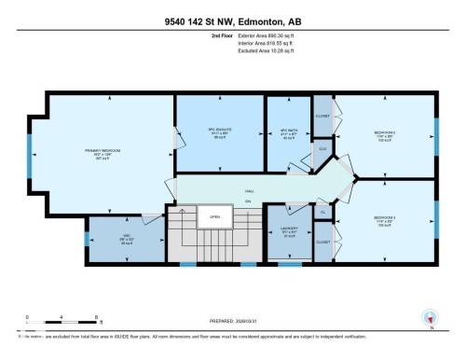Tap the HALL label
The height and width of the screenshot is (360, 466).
click(x=249, y=190)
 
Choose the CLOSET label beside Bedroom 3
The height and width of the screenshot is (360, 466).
click(x=322, y=242)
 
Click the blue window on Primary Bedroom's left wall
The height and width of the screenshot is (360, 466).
click(x=30, y=152)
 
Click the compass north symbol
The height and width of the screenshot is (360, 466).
click(x=430, y=319)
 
